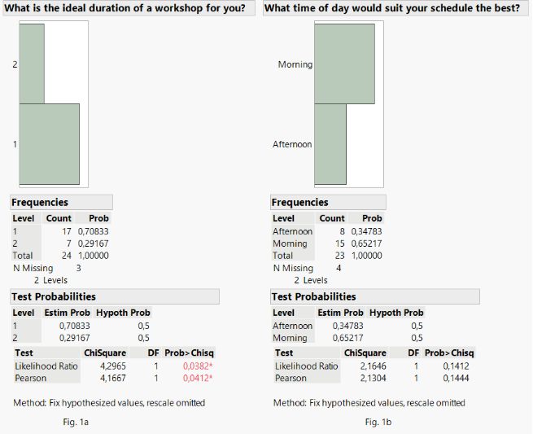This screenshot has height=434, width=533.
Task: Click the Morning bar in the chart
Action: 343,64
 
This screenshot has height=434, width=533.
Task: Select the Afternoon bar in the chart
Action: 330,143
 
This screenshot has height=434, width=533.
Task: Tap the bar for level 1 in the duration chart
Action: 49,143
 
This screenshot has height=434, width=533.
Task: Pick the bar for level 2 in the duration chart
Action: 32,64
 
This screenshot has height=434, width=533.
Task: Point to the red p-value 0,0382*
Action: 199,366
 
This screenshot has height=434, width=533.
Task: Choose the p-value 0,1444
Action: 458,378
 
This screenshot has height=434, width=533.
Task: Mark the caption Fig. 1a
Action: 75,422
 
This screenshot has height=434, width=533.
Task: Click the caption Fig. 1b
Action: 378,422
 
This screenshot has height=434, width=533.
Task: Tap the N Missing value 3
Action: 78,268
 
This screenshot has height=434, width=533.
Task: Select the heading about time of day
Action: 392,8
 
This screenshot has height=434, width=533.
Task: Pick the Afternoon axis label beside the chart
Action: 292,144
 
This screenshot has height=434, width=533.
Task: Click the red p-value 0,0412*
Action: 199,378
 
